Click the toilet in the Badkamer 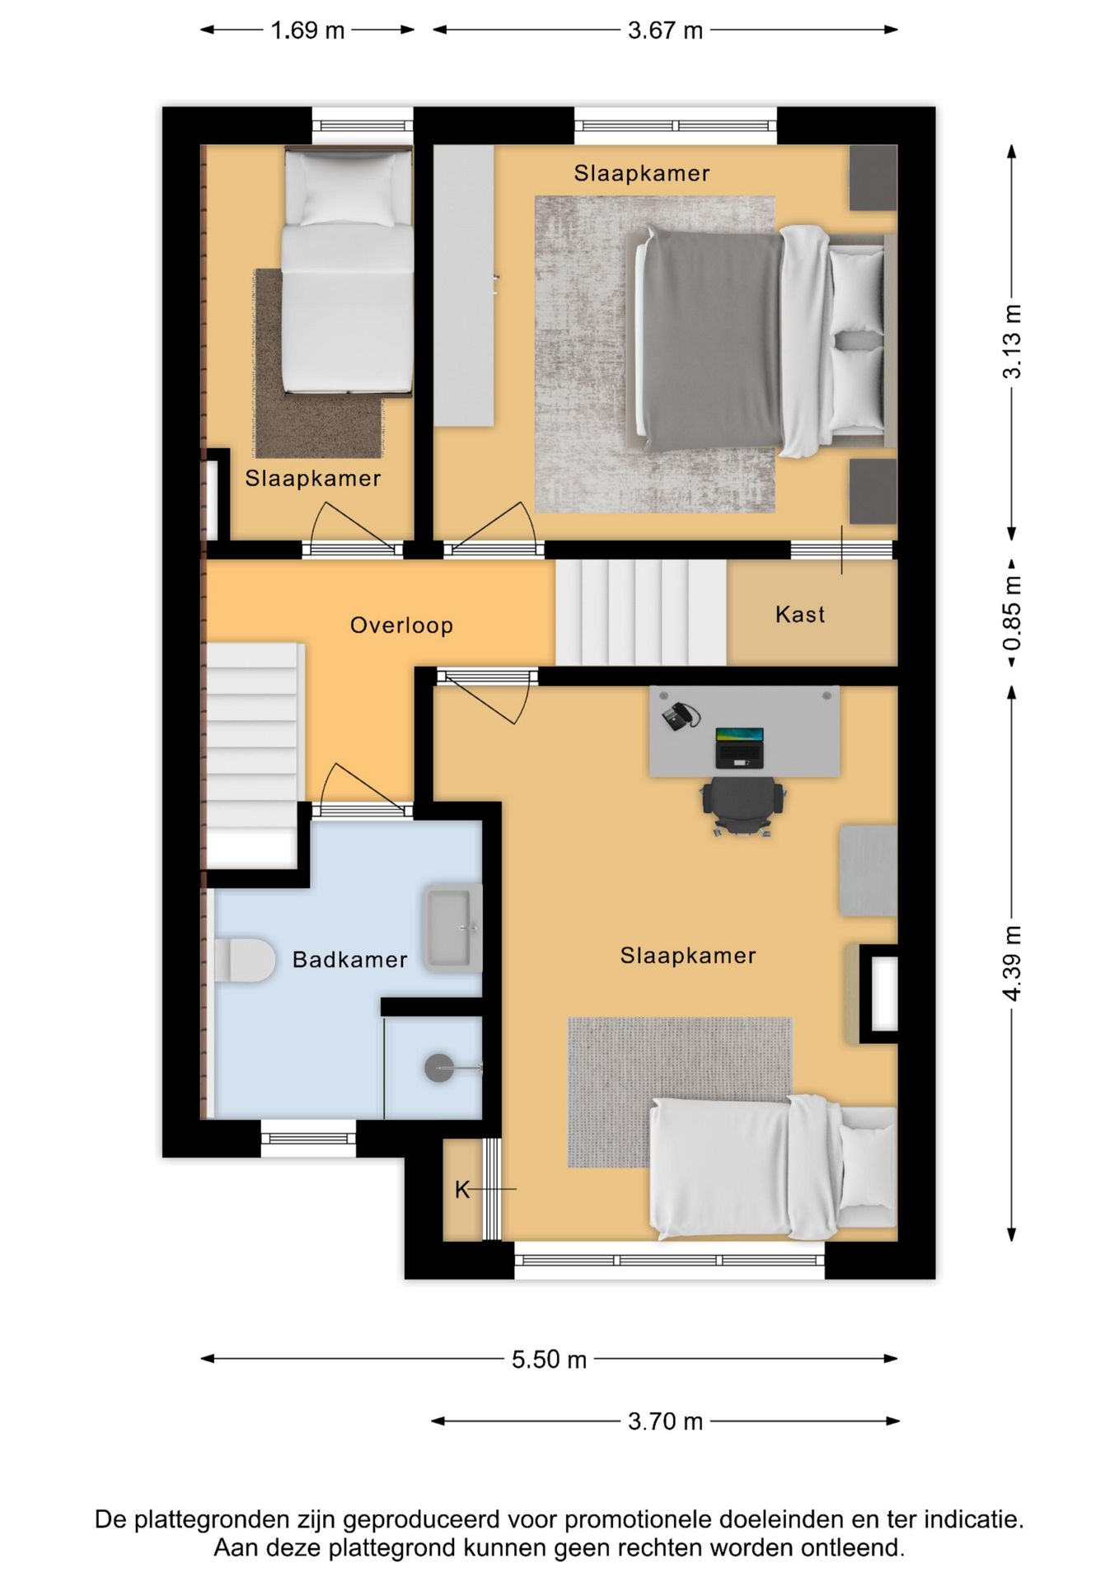(x=245, y=960)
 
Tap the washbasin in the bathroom (x=452, y=928)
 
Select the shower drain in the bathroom (x=439, y=1069)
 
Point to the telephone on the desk (x=681, y=716)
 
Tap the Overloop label (x=401, y=625)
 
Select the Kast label (x=800, y=614)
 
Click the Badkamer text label (x=350, y=959)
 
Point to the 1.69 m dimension (x=307, y=30)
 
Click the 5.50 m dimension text (x=549, y=1360)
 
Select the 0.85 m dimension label (x=1012, y=612)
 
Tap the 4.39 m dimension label (x=1012, y=963)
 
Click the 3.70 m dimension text (x=665, y=1421)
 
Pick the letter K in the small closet (x=462, y=1190)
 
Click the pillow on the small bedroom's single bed (x=348, y=189)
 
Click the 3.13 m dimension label (x=1012, y=342)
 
